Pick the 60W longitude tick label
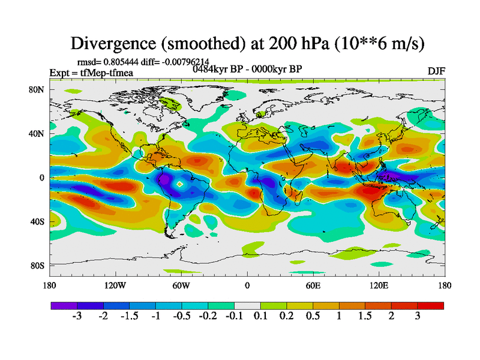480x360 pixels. pyautogui.click(x=181, y=286)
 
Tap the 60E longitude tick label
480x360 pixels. pyautogui.click(x=313, y=286)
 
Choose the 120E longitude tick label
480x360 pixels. pyautogui.click(x=379, y=286)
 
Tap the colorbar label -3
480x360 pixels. pyautogui.click(x=77, y=317)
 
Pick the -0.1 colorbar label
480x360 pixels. pyautogui.click(x=234, y=317)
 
